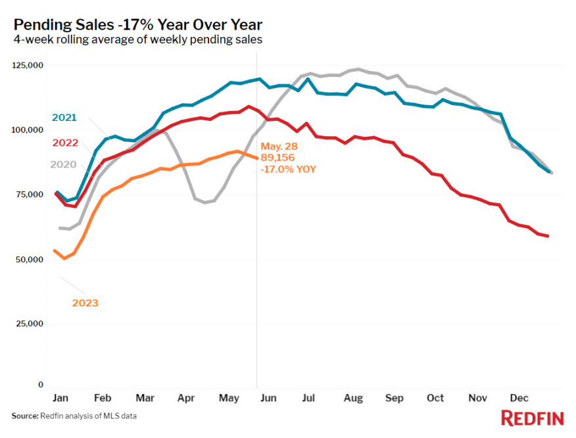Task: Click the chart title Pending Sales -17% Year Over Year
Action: (x=137, y=25)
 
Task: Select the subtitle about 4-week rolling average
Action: (x=137, y=40)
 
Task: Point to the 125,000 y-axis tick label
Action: (x=28, y=66)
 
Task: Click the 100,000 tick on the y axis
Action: (x=28, y=130)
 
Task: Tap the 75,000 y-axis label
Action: (x=30, y=195)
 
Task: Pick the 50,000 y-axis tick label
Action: (x=30, y=260)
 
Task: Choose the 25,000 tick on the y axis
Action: (x=30, y=324)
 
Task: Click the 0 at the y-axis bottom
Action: (x=41, y=385)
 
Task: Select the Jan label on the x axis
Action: (x=60, y=399)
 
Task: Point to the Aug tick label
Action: (x=353, y=399)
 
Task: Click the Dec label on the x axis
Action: (x=519, y=399)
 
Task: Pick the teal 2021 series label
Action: (x=64, y=118)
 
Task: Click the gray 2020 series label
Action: (x=64, y=164)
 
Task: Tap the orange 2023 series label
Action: (x=85, y=303)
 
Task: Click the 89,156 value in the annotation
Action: (x=278, y=158)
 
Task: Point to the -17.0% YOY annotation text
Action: (x=289, y=169)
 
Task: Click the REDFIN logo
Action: (x=532, y=418)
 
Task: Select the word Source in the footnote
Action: (x=24, y=416)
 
